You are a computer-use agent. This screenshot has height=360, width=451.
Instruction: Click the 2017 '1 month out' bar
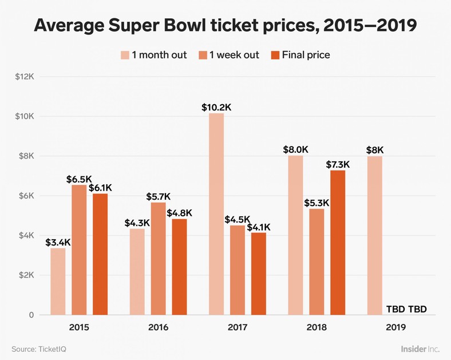216,214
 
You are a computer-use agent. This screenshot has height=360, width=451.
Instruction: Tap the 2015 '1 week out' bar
79,250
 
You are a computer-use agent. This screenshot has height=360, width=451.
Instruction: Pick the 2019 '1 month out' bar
374,235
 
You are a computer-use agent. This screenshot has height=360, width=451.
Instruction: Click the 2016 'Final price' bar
179,267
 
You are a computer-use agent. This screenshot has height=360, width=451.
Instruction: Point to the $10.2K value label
216,107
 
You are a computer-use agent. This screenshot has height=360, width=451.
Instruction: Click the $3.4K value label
58,242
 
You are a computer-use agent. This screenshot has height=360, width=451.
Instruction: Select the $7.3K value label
338,164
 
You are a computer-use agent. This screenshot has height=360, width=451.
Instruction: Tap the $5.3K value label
317,203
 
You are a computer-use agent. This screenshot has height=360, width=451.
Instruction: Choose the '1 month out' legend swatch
125,55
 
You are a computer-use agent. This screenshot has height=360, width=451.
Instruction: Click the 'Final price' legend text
306,55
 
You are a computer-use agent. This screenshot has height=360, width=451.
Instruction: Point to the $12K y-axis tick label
26,77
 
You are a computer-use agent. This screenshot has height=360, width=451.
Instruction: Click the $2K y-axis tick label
26,275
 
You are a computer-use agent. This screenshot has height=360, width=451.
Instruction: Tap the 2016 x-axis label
158,328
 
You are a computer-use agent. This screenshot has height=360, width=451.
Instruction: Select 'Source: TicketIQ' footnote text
37,349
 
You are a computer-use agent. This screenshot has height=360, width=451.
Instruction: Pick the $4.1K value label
258,227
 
